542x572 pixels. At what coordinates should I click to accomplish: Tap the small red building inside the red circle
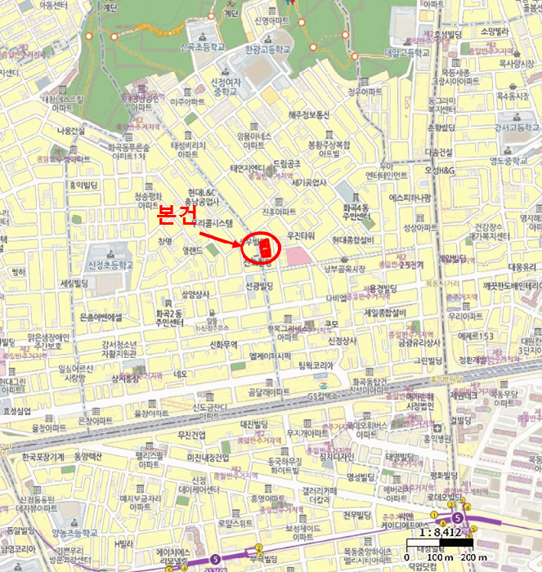tap(263, 247)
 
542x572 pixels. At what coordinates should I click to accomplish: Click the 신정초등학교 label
tap(107, 265)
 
